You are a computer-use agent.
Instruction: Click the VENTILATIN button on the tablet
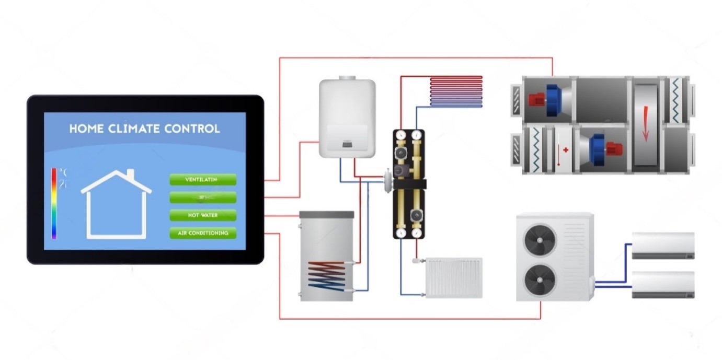[202, 180]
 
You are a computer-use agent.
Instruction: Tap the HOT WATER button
[202, 215]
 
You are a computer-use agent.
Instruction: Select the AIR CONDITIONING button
[202, 233]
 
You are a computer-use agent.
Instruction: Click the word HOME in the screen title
[87, 129]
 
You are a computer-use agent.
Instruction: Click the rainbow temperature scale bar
[54, 203]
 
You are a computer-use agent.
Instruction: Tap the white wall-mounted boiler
[347, 118]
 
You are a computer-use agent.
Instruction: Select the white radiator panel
[454, 277]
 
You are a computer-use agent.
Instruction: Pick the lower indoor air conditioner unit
[663, 285]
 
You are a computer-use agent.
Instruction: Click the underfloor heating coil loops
[456, 91]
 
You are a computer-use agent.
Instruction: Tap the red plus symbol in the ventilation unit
[565, 149]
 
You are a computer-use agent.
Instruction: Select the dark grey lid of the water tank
[326, 215]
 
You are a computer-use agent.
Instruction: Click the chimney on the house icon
[130, 174]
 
